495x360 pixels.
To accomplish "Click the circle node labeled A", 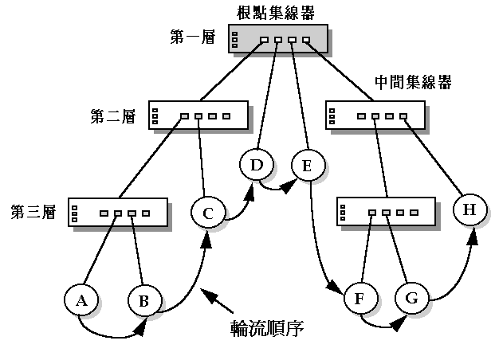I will [81, 300].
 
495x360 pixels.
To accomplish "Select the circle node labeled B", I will [144, 300].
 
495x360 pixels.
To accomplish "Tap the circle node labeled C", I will [208, 213].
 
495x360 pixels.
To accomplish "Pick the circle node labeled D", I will [256, 166].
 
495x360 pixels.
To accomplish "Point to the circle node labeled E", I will [307, 166].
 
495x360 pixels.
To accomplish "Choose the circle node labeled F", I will [359, 300].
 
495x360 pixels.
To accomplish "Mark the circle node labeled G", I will [411, 300].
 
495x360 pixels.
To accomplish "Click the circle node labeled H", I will [469, 210].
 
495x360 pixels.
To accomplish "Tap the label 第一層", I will [193, 37].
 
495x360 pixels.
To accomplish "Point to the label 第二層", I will [112, 117].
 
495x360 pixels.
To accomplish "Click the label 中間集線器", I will [413, 83].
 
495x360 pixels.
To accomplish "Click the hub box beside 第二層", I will [197, 117].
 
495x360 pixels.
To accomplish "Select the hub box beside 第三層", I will [118, 213].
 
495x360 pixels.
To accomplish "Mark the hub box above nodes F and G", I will [386, 213].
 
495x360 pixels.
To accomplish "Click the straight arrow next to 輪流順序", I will [224, 302].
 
